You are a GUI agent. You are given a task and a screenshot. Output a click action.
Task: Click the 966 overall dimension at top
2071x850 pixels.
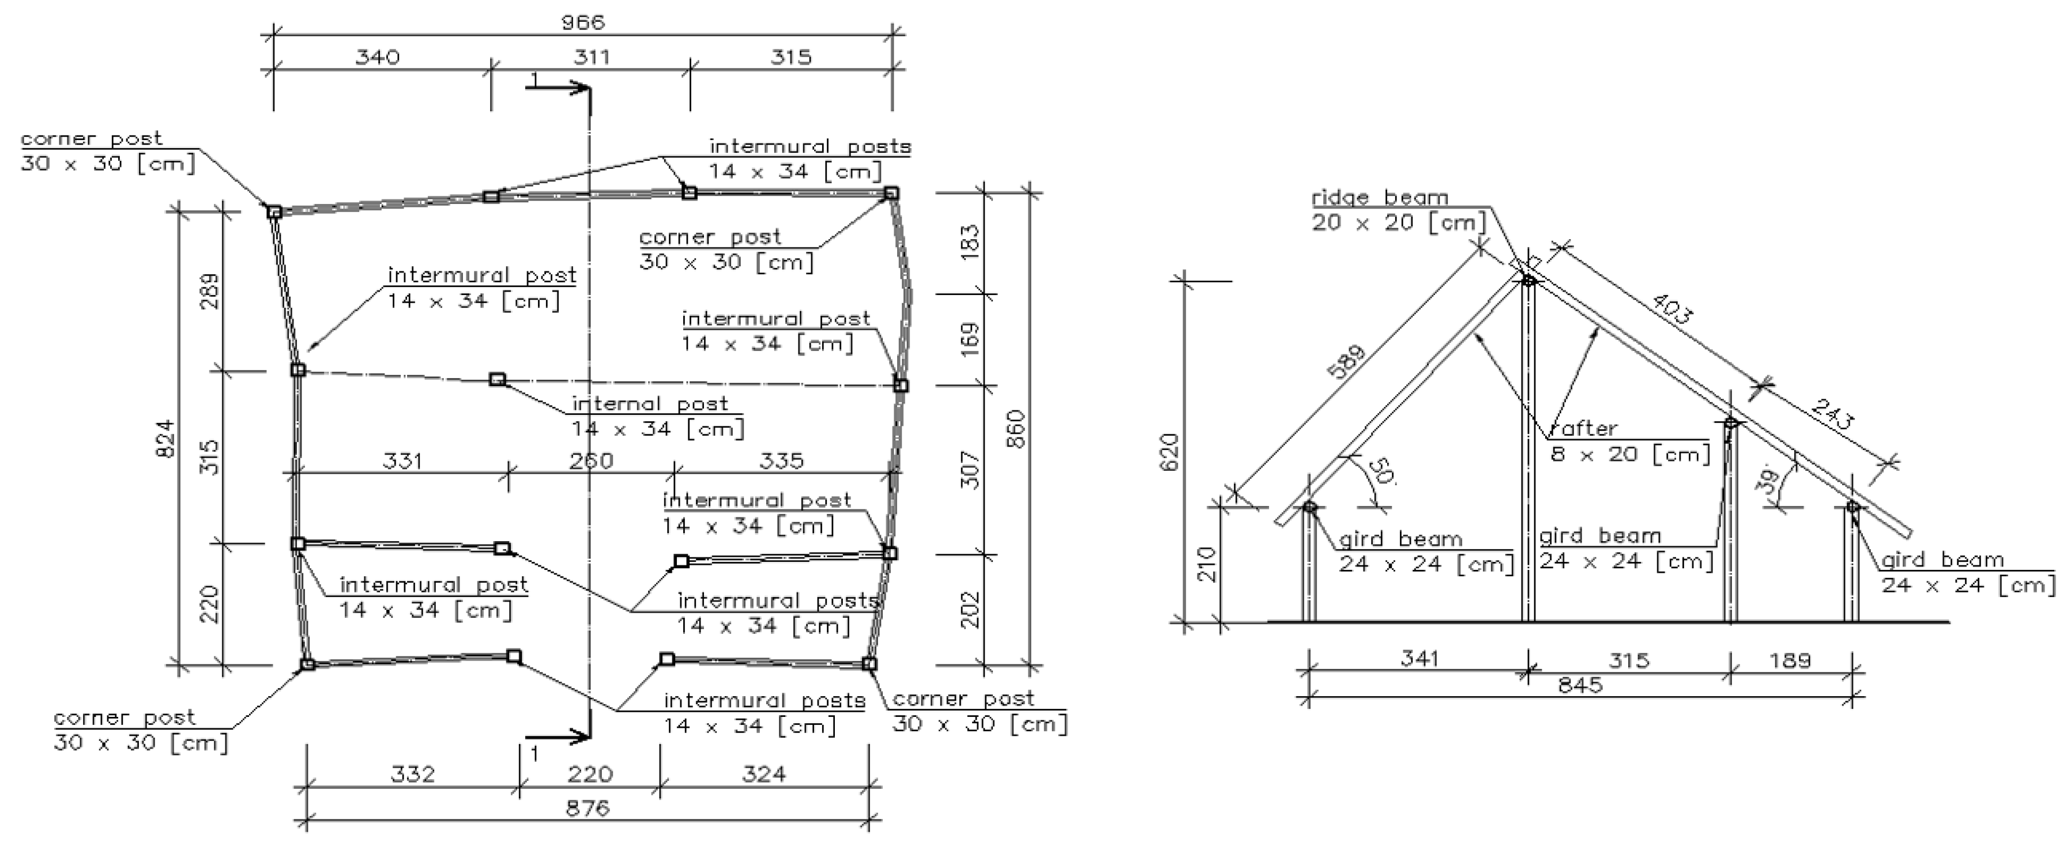pyautogui.click(x=583, y=22)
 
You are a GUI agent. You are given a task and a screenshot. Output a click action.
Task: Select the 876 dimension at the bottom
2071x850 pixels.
pyautogui.click(x=588, y=807)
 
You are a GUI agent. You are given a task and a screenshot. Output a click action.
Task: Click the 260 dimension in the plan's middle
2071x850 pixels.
pyautogui.click(x=592, y=460)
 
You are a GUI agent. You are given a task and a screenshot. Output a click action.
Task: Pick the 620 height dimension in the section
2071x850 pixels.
pyautogui.click(x=1170, y=452)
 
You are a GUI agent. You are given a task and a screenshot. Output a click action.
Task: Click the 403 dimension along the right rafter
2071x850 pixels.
pyautogui.click(x=1672, y=308)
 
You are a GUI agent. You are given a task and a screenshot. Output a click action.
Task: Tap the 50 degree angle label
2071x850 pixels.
pyautogui.click(x=1380, y=471)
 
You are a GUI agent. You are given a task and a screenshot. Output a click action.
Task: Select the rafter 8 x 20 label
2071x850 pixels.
pyautogui.click(x=1629, y=454)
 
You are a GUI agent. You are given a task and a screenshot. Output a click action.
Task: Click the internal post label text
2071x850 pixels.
pyautogui.click(x=650, y=403)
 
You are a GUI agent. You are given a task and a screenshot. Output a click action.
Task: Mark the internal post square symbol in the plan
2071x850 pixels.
pyautogui.click(x=498, y=379)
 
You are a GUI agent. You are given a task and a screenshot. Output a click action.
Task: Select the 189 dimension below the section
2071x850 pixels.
pyautogui.click(x=1790, y=660)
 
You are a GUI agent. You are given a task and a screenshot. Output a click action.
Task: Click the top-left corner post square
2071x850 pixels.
pyautogui.click(x=274, y=211)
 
